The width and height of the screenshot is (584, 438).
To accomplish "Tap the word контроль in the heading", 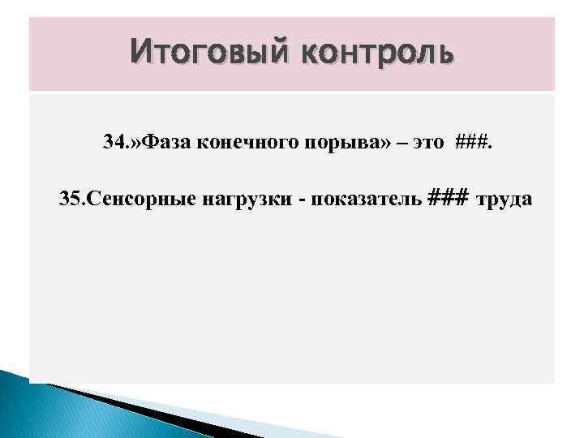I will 378,54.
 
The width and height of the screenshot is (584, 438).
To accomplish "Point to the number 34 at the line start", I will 114,143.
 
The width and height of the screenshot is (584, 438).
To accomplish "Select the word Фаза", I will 162,143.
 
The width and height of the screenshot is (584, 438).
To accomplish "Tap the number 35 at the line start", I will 70,200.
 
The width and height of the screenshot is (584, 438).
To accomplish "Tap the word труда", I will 504,200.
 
